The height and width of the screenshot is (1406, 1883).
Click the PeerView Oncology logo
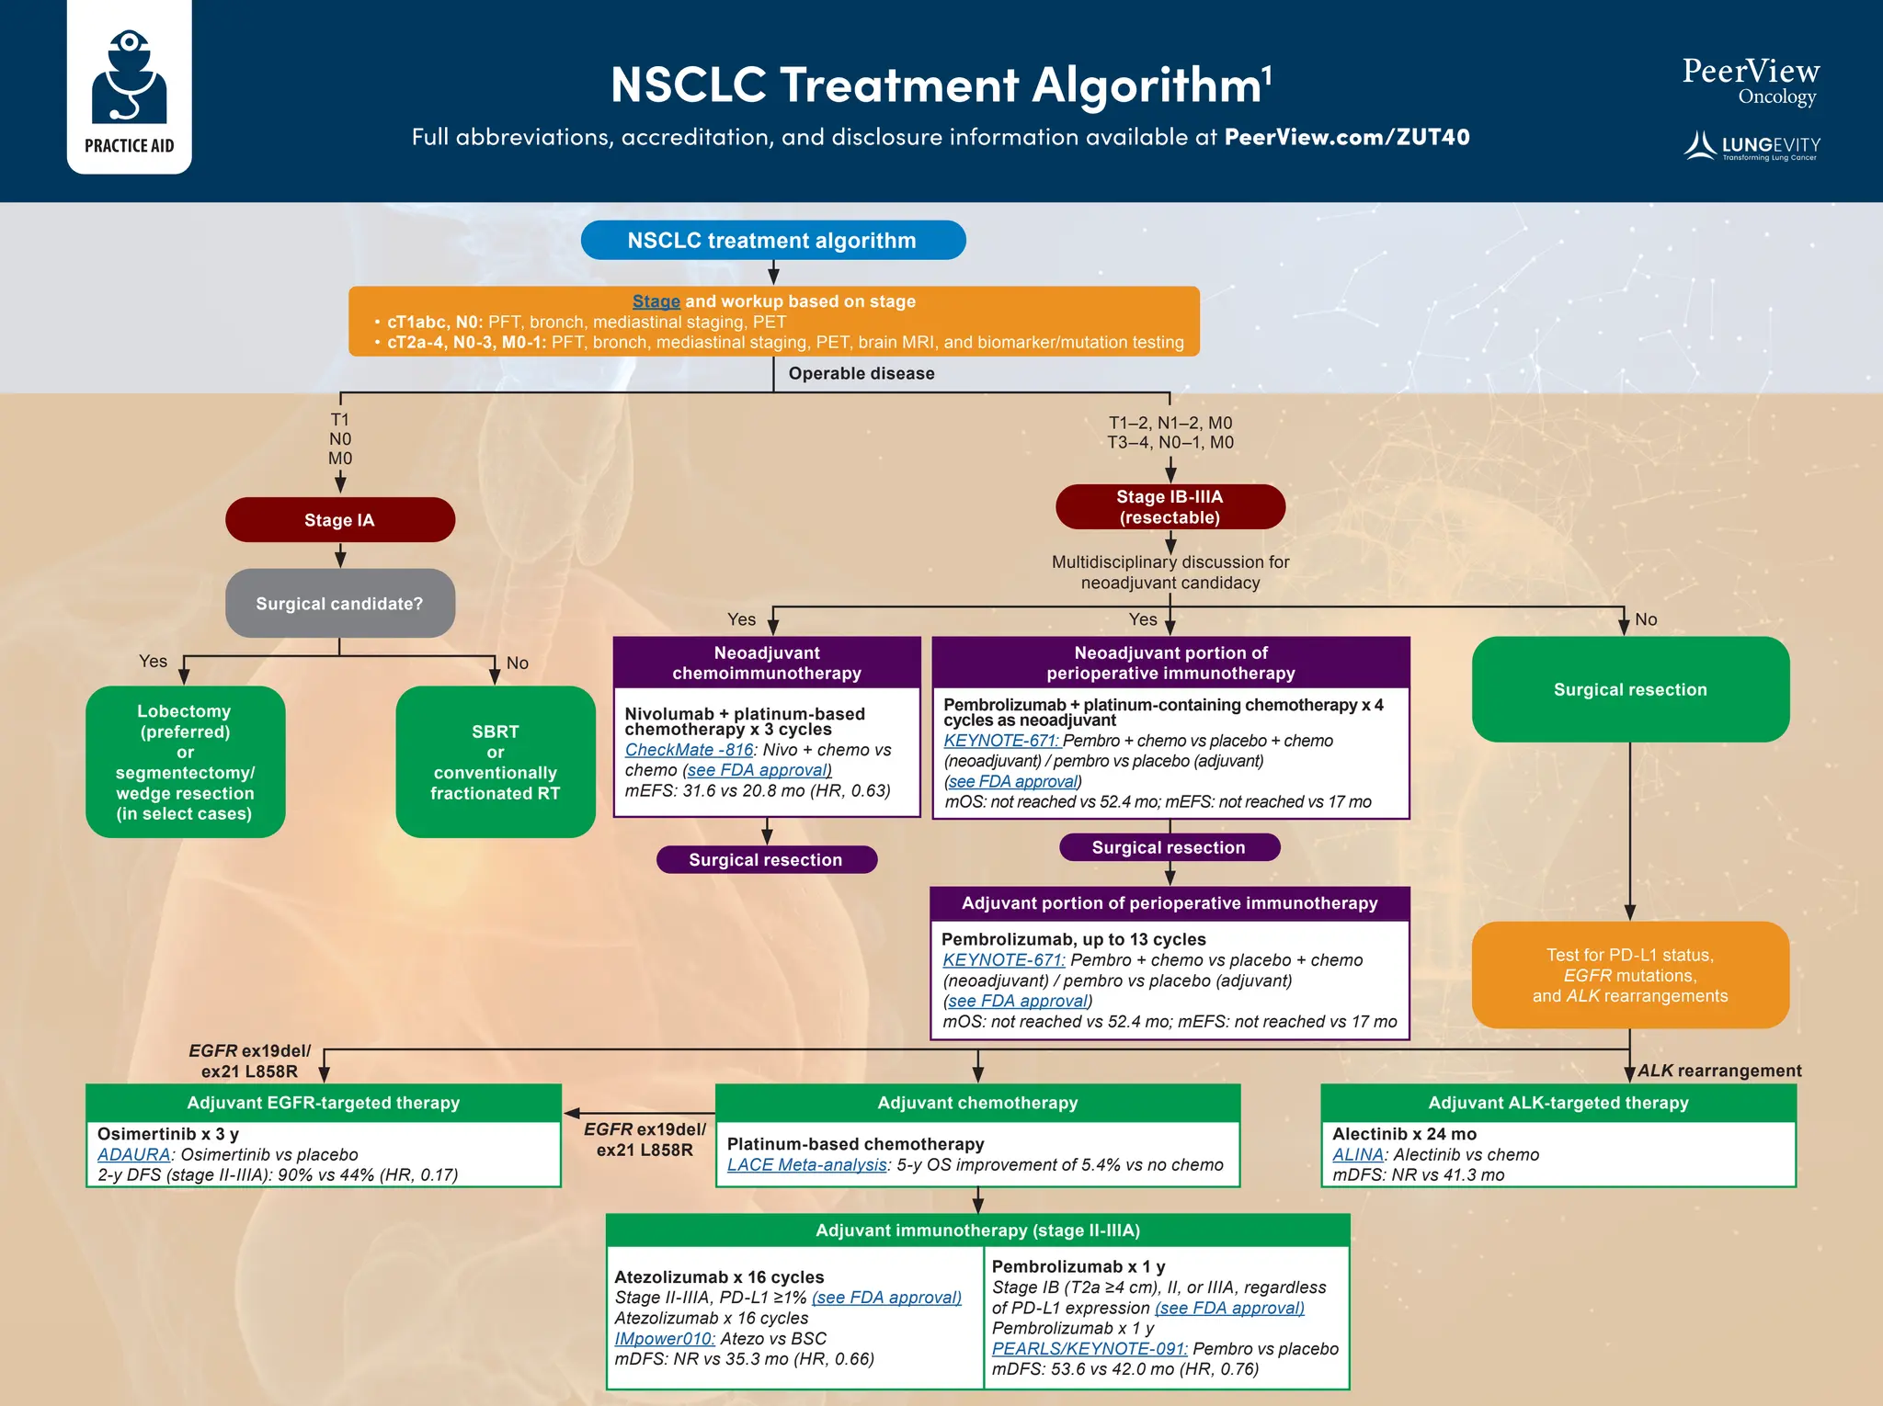(x=1750, y=82)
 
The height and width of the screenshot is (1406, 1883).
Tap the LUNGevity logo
(x=1752, y=146)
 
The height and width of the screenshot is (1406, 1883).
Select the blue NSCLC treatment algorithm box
(x=772, y=241)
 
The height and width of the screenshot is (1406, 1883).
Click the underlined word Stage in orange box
(x=656, y=301)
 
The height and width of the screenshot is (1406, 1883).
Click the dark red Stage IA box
(x=339, y=520)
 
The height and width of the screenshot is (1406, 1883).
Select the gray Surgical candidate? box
(x=339, y=604)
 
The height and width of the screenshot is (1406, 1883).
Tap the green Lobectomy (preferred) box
(x=185, y=762)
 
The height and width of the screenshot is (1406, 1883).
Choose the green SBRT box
(x=495, y=762)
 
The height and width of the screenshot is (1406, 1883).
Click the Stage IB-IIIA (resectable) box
(x=1170, y=507)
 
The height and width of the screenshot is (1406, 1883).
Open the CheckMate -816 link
(x=689, y=750)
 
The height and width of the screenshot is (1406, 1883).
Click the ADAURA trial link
(x=134, y=1154)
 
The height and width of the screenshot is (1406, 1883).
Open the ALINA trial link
(x=1358, y=1154)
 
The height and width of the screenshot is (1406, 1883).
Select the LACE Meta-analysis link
(x=806, y=1165)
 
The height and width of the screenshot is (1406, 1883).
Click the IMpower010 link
(x=664, y=1339)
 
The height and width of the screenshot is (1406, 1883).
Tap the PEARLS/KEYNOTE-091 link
(x=1089, y=1349)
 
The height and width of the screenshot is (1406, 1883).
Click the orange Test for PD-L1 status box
(x=1629, y=975)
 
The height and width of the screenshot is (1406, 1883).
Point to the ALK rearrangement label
(x=1719, y=1071)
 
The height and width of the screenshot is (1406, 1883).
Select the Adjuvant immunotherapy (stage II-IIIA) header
(x=977, y=1230)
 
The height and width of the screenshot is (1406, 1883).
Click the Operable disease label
(x=861, y=374)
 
